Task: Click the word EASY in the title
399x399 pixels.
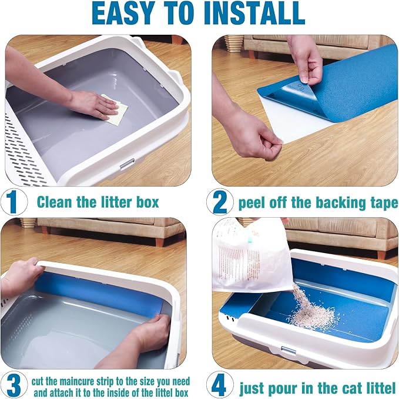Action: (123, 14)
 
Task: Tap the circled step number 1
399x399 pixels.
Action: (14, 202)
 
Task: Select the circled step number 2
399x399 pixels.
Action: (220, 202)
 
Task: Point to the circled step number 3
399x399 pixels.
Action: (14, 385)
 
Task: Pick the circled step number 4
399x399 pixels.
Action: (220, 385)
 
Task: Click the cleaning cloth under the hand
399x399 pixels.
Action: (115, 109)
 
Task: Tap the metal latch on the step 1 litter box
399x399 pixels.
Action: (127, 164)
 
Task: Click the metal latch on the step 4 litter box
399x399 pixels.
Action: (289, 350)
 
